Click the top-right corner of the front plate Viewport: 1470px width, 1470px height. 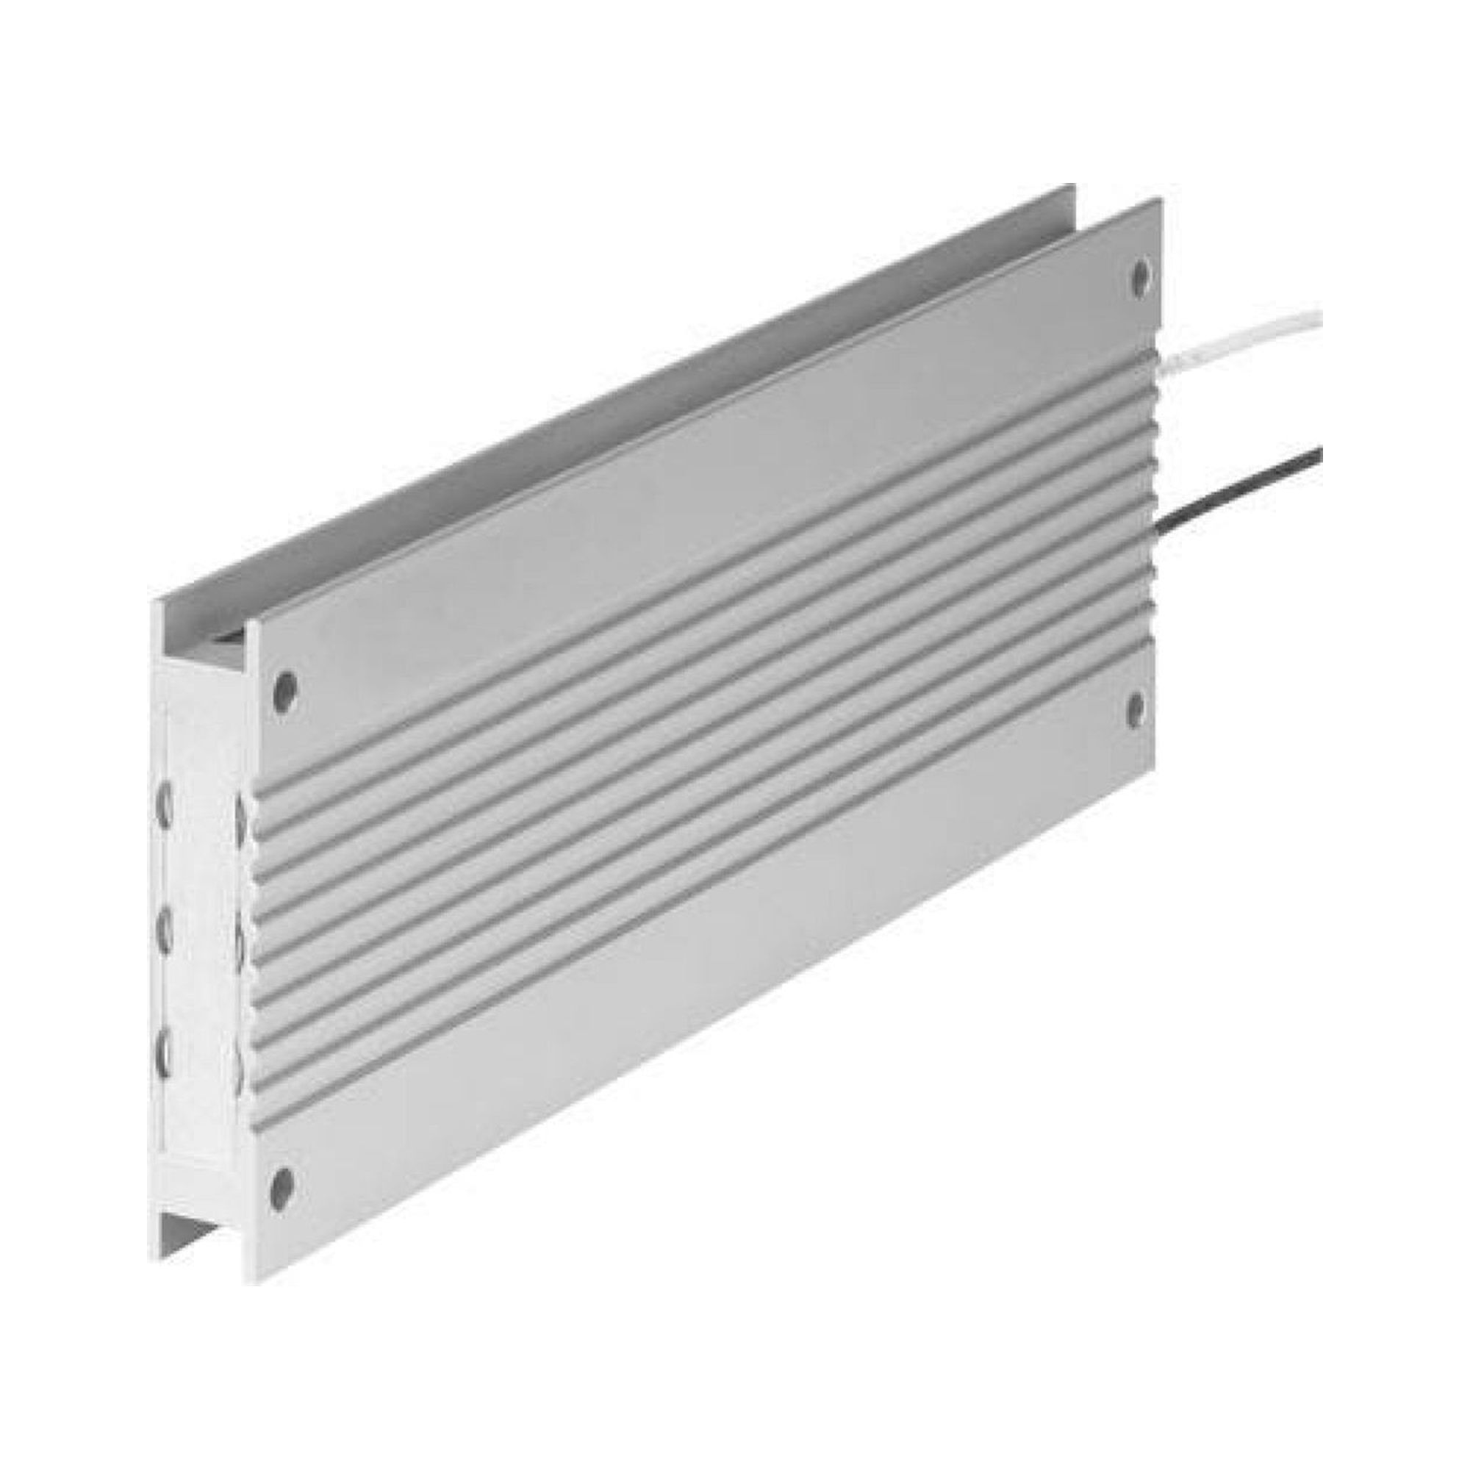pos(1161,199)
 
